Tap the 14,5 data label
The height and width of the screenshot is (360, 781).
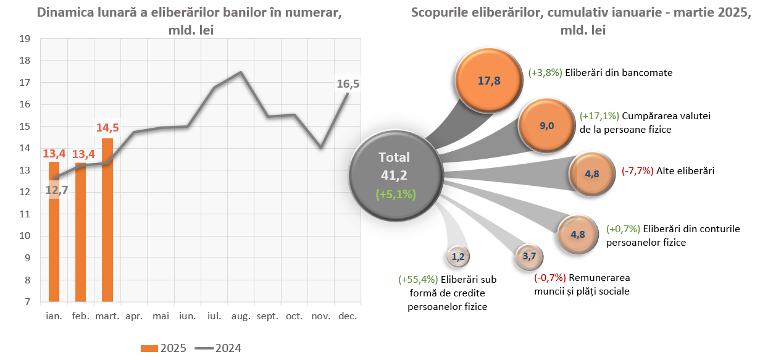pyautogui.click(x=107, y=128)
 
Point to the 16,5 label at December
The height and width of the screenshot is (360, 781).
pyautogui.click(x=348, y=83)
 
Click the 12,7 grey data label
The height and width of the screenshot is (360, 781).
pyautogui.click(x=56, y=190)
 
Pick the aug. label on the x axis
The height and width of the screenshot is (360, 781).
pyautogui.click(x=241, y=316)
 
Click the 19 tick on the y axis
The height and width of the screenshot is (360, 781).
pyautogui.click(x=25, y=39)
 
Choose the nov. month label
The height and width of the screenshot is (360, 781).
pyautogui.click(x=321, y=316)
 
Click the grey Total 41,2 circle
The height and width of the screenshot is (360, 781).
pyautogui.click(x=396, y=175)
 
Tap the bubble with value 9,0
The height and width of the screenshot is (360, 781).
pyautogui.click(x=546, y=126)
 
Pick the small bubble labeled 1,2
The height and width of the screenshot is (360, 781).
pyautogui.click(x=457, y=256)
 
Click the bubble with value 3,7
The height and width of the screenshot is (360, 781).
pyautogui.click(x=529, y=256)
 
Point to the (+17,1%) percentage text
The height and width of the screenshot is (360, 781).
pyautogui.click(x=600, y=115)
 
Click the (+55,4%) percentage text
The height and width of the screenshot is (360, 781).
pyautogui.click(x=419, y=279)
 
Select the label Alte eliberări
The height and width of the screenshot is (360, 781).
pyautogui.click(x=685, y=171)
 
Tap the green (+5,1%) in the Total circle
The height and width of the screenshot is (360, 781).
pyautogui.click(x=396, y=194)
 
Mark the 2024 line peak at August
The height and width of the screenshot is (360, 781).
pyautogui.click(x=240, y=72)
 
